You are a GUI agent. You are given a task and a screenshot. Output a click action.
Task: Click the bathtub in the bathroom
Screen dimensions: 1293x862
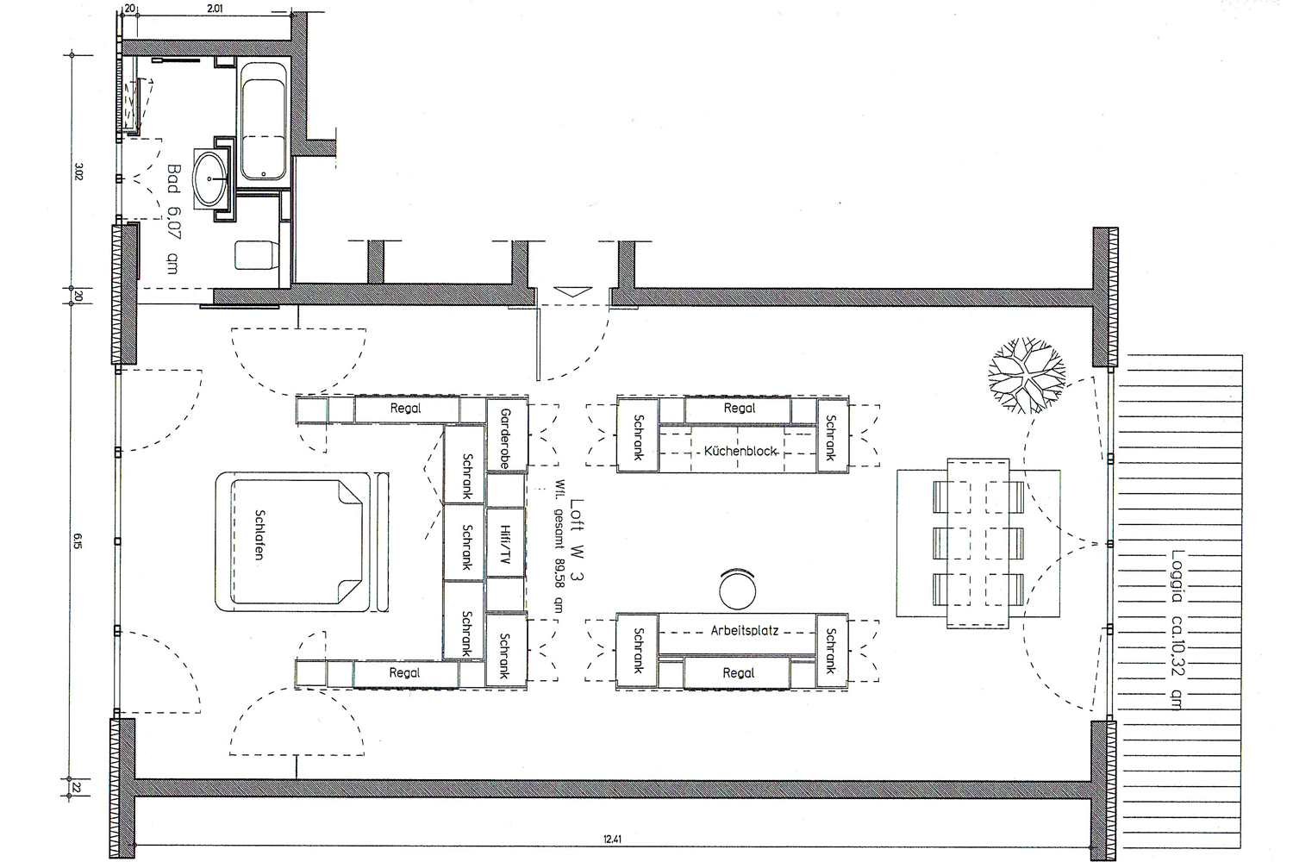pos(263,122)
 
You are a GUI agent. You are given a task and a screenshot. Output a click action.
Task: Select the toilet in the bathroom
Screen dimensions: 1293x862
pos(257,255)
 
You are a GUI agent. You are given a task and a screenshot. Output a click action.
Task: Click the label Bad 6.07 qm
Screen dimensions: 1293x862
pos(172,219)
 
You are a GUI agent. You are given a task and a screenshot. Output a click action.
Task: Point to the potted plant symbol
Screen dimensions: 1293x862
pos(1027,375)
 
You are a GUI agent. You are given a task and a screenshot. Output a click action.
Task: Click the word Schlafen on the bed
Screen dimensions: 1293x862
pos(259,534)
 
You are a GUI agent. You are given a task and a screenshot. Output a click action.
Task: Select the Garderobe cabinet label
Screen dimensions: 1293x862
pos(505,438)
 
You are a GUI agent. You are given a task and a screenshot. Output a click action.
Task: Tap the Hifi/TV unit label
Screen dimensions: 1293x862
pos(505,544)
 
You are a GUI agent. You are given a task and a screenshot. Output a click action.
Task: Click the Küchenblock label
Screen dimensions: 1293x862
pos(740,451)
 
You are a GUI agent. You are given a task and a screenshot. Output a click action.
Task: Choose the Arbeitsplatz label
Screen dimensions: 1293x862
pos(744,630)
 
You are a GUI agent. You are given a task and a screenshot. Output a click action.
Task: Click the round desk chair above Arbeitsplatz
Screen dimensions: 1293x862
pos(737,590)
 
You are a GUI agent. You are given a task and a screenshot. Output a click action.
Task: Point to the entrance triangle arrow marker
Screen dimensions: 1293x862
pos(572,291)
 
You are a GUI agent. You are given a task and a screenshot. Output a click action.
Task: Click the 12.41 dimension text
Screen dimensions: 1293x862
pos(612,839)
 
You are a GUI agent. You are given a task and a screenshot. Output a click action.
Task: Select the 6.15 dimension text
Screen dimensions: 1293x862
pos(78,541)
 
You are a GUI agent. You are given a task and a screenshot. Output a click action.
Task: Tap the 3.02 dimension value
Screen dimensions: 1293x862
pos(79,172)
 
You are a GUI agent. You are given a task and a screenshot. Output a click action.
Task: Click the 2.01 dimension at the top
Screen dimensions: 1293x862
pos(215,9)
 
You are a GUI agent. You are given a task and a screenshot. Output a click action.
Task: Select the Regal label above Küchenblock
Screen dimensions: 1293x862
pos(739,409)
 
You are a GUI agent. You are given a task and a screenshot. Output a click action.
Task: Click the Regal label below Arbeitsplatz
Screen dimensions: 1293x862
pos(738,672)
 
